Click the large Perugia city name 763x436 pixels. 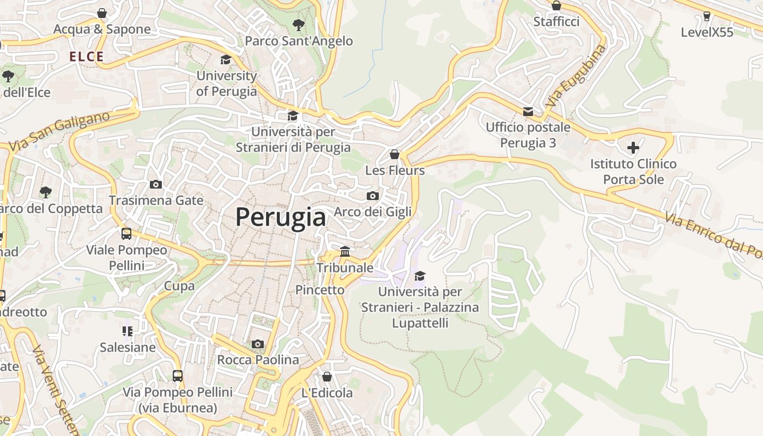click(x=281, y=217)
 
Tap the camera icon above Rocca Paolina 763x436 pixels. click(x=258, y=344)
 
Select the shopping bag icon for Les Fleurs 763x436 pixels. click(x=395, y=154)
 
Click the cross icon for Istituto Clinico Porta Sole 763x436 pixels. click(x=633, y=147)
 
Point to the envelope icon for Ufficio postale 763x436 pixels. click(x=528, y=112)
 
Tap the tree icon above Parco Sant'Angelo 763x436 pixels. click(x=298, y=25)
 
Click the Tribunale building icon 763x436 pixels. click(x=345, y=251)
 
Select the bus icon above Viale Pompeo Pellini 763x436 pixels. click(x=126, y=234)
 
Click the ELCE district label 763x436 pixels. click(x=86, y=56)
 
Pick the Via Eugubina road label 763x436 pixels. click(x=576, y=76)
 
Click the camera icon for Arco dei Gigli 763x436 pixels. click(x=373, y=196)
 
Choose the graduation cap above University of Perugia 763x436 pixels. click(x=226, y=59)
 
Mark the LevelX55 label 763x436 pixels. click(x=707, y=32)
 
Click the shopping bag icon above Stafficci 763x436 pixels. click(x=556, y=6)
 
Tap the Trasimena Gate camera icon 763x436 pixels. click(x=156, y=184)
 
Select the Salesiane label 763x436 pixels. click(x=128, y=347)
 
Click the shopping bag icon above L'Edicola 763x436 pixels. click(x=327, y=377)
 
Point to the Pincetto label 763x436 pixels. click(x=320, y=290)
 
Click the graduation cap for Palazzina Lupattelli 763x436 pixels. click(x=420, y=276)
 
